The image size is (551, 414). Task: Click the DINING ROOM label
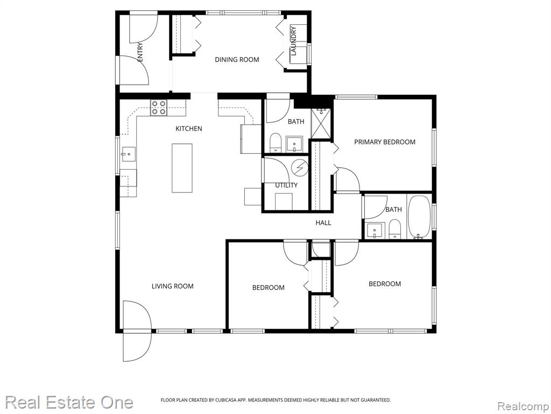(237, 59)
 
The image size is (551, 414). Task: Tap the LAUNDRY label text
(294, 41)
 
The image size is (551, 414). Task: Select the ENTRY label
(140, 52)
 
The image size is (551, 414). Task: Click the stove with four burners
(158, 108)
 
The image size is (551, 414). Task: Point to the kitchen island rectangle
(182, 168)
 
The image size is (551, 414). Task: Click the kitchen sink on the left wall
(129, 154)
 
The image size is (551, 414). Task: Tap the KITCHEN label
(189, 128)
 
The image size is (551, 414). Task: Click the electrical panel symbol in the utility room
(300, 168)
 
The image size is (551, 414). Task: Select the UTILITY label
(286, 185)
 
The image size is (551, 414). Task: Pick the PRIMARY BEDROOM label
(385, 142)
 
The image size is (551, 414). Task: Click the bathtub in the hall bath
(420, 217)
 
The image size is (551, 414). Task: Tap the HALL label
(323, 223)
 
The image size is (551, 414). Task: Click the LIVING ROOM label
(173, 286)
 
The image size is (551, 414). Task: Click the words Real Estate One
(69, 402)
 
